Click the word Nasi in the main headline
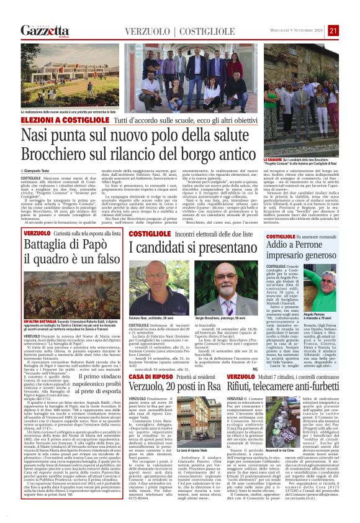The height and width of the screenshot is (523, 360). pyautogui.click(x=42, y=135)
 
